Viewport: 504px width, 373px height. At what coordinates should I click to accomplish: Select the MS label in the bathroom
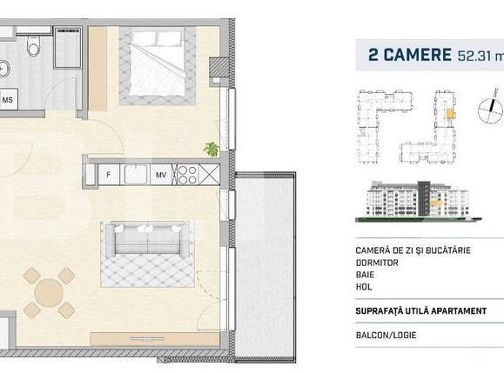[8, 100]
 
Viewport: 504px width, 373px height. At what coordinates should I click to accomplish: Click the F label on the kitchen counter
[108, 175]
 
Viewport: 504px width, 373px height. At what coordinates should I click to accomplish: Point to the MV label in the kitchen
[162, 175]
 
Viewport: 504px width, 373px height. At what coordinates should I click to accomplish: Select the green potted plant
[211, 149]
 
